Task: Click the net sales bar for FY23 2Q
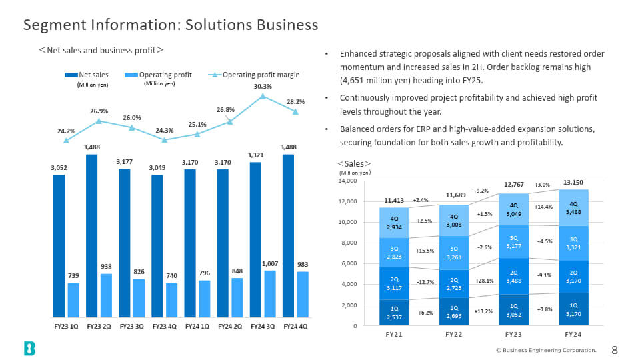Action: tap(92, 236)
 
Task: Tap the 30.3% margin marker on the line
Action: tap(263, 96)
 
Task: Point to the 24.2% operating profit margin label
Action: tap(66, 131)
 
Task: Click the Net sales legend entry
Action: tap(87, 75)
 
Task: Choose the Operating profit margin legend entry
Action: tap(254, 75)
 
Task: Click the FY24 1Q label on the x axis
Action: tap(197, 327)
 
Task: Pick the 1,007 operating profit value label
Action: tap(270, 264)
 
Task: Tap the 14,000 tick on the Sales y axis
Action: tap(347, 181)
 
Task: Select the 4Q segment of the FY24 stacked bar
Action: tap(573, 208)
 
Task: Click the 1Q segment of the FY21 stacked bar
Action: tap(394, 313)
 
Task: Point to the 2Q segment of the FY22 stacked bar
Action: tap(454, 284)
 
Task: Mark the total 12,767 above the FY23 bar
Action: tap(514, 185)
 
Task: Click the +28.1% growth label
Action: tap(484, 281)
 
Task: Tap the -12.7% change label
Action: tap(425, 282)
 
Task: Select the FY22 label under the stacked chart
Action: tap(454, 334)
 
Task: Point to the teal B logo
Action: tap(30, 349)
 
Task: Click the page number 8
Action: tap(615, 350)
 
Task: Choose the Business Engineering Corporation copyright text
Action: tap(546, 350)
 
